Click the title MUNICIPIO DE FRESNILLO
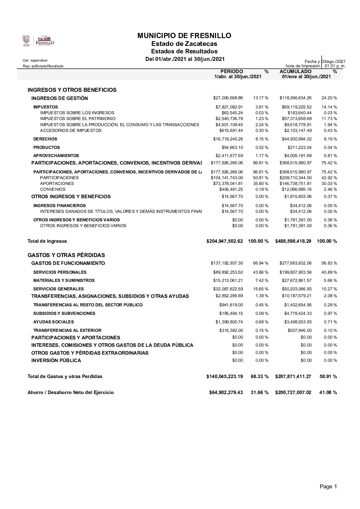tap(184, 36)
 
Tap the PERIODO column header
tap(232, 71)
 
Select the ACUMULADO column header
tap(295, 71)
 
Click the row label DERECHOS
tap(45, 139)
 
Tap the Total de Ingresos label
tap(47, 241)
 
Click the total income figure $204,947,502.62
tap(225, 241)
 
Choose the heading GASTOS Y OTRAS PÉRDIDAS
tap(66, 255)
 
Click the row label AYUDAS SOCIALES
tap(53, 322)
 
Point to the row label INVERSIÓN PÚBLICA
tap(56, 360)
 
